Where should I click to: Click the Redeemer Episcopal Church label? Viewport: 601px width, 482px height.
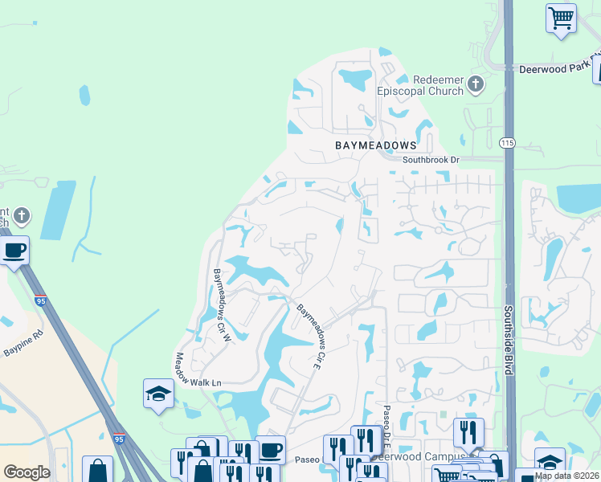[x=438, y=85]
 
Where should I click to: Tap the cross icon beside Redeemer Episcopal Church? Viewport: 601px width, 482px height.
[x=476, y=84]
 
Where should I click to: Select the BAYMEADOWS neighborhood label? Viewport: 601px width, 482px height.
[x=376, y=145]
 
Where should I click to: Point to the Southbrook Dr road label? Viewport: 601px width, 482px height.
[x=431, y=160]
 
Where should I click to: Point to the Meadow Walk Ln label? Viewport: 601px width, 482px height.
[x=198, y=370]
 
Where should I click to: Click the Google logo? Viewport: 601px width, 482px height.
[x=27, y=472]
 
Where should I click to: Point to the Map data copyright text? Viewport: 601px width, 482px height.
[x=567, y=476]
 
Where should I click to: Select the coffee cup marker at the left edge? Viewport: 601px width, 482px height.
[x=14, y=250]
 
